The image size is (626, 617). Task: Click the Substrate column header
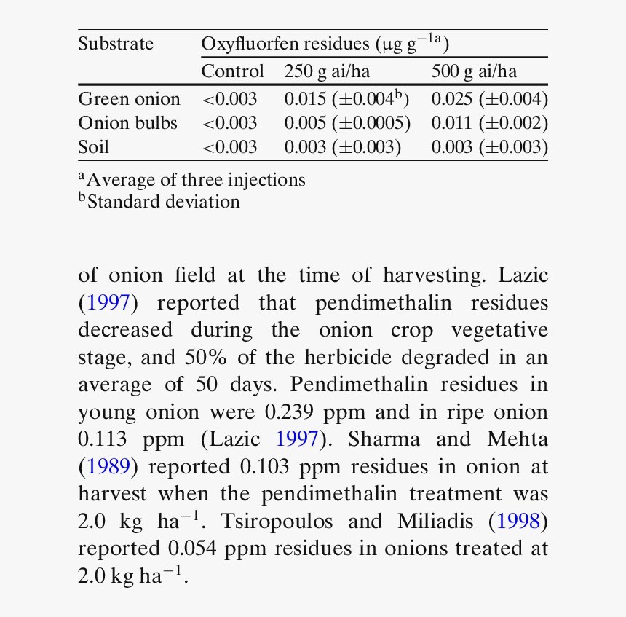click(x=116, y=44)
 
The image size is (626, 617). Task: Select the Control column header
click(x=232, y=71)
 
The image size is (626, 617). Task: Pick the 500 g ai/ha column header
click(x=474, y=71)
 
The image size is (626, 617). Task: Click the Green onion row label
click(x=129, y=99)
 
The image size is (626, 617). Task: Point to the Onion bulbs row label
click(x=127, y=123)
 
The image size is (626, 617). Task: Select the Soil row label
click(x=93, y=147)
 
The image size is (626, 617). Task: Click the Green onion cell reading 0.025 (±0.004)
click(x=489, y=99)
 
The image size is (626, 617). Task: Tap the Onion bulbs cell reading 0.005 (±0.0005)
click(x=347, y=123)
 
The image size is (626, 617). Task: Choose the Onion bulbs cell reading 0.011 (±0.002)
click(x=489, y=123)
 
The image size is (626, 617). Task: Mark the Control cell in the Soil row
click(x=229, y=147)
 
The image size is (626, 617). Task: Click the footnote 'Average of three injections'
click(x=195, y=179)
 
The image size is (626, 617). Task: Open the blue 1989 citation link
click(x=108, y=466)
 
